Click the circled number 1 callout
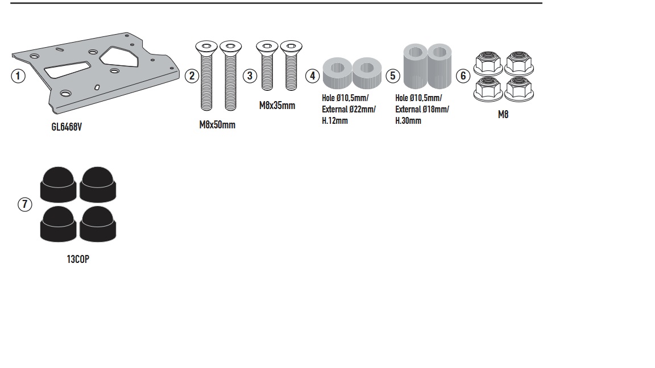[x=18, y=76]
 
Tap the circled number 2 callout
[x=192, y=76]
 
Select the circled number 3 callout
[x=250, y=76]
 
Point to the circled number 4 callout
[x=313, y=76]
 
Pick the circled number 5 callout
[x=393, y=76]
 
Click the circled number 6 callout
[x=463, y=76]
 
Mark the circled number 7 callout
[x=24, y=204]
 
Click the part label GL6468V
[x=67, y=127]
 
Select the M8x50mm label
[x=217, y=125]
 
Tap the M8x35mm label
[x=277, y=106]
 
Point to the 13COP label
[x=78, y=259]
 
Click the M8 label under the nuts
[x=503, y=114]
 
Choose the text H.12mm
[x=334, y=120]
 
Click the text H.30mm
[x=408, y=120]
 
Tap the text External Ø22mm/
[x=349, y=109]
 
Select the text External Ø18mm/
[x=422, y=109]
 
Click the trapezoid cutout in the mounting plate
[x=67, y=69]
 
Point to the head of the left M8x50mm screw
[x=206, y=47]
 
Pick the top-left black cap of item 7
[x=58, y=185]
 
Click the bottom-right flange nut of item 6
[x=519, y=89]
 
